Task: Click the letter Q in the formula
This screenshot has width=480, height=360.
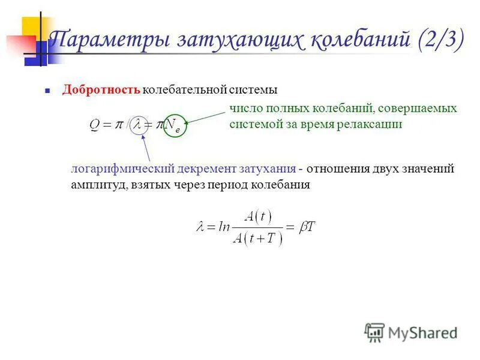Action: point(96,125)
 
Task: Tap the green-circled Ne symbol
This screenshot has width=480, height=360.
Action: point(175,125)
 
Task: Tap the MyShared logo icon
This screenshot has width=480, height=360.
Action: point(374,332)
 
